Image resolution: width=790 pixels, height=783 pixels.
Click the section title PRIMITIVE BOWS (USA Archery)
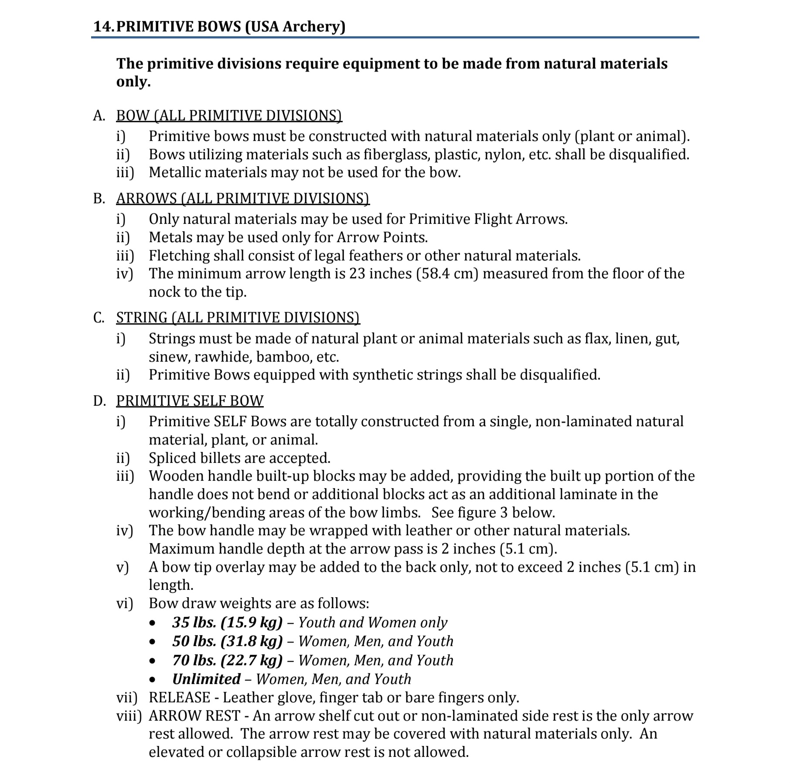(x=231, y=26)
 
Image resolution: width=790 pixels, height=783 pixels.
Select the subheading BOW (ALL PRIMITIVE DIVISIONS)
(x=229, y=116)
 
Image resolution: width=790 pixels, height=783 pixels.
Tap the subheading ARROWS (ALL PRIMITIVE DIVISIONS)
(x=242, y=198)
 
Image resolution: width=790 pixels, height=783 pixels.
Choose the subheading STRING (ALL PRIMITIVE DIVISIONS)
(x=238, y=318)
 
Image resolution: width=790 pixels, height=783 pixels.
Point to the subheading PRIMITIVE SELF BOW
(x=190, y=401)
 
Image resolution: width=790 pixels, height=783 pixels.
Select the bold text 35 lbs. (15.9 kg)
(x=227, y=622)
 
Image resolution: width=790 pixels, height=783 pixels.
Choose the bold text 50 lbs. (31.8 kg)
(x=227, y=641)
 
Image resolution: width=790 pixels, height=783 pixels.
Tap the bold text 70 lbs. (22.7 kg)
(x=227, y=660)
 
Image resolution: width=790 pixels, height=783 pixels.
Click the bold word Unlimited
(x=206, y=679)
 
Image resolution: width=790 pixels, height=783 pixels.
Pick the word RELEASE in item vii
(x=179, y=698)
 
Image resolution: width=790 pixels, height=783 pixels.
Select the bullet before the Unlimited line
(x=152, y=680)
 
